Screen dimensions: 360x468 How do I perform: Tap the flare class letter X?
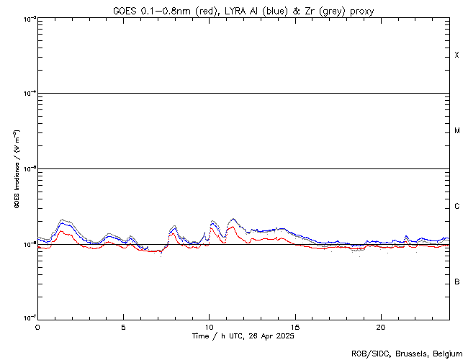(456, 55)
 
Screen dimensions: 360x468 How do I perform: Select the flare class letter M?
(456, 130)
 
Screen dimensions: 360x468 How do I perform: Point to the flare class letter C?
(456, 207)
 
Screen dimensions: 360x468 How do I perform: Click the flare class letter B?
(456, 282)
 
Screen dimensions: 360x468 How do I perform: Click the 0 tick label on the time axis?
(37, 326)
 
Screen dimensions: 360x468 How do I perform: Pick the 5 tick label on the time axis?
(123, 326)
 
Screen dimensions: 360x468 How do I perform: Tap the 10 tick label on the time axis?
(209, 326)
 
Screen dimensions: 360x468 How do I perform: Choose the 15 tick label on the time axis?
(294, 326)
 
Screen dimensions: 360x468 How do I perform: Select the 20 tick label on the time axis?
(380, 326)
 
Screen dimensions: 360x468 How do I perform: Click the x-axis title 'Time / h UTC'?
(216, 336)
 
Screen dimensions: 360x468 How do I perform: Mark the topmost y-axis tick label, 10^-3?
(27, 18)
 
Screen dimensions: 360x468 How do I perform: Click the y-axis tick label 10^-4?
(27, 94)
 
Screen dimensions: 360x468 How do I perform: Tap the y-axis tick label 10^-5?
(27, 169)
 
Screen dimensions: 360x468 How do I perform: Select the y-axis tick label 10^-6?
(27, 244)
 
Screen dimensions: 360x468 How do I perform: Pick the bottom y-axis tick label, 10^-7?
(27, 319)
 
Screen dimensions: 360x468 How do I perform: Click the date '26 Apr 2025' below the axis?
(270, 336)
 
